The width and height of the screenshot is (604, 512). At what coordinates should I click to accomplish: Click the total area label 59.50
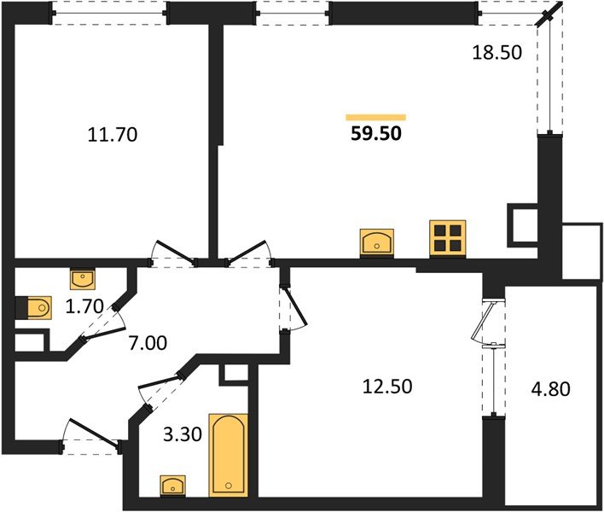click(x=375, y=133)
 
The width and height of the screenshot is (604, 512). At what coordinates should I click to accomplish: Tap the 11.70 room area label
click(x=113, y=134)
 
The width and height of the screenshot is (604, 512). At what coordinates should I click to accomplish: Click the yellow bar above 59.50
click(x=375, y=117)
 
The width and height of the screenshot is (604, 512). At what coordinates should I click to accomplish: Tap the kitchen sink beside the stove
click(x=376, y=241)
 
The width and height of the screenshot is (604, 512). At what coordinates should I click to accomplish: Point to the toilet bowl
click(x=36, y=306)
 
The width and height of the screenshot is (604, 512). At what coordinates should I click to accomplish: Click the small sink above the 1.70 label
click(x=83, y=278)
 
